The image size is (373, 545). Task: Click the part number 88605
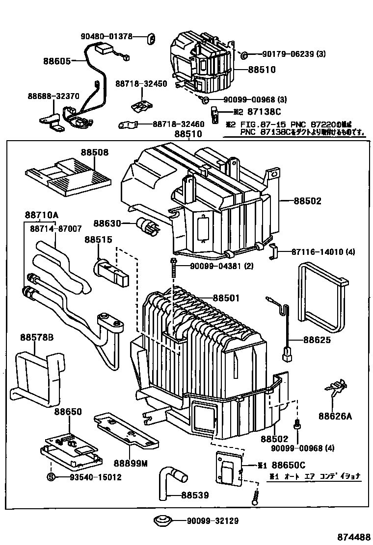click(56, 61)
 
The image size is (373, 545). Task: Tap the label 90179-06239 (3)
click(293, 54)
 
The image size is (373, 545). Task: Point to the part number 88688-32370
click(53, 96)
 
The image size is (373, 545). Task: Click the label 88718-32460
click(178, 124)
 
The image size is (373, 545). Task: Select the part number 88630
click(107, 223)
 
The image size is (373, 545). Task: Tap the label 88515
click(98, 240)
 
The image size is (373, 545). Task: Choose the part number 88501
click(226, 298)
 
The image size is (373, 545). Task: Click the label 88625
click(317, 340)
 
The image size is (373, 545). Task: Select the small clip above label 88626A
click(333, 389)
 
